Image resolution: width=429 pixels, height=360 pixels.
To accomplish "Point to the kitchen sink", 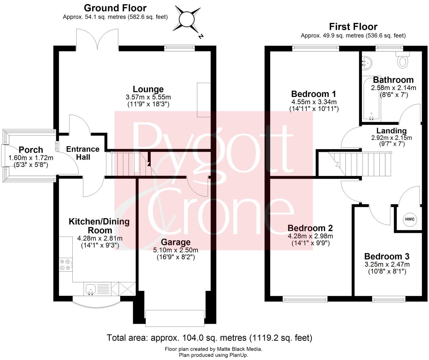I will pos(90,290).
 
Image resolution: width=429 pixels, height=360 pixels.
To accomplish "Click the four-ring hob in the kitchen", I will pos(65,265).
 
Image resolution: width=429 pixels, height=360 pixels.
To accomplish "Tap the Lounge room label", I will pos(148,89).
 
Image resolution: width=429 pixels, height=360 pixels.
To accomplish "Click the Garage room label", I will pos(176,242).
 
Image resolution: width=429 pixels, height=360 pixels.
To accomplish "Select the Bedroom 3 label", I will pos(387,256).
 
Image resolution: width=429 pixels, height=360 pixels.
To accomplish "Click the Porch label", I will pos(31,150).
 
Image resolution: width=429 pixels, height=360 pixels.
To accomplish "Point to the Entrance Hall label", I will pos(83,153).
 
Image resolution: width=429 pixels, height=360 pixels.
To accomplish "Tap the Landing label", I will pos(391,131).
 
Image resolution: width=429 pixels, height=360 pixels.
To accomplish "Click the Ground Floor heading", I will pos(115,8).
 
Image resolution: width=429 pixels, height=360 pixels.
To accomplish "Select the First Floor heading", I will pos(353,26).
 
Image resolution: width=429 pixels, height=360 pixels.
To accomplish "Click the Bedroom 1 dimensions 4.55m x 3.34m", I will pos(314,102).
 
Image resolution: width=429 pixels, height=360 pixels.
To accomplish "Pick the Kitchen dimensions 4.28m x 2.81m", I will pos(99,238).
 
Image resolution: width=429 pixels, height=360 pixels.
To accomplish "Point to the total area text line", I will pos(209,338).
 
